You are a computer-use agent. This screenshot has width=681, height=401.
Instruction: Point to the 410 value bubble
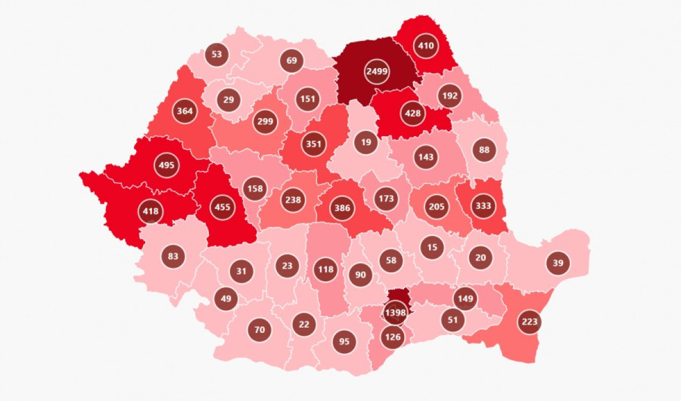coord(426,47)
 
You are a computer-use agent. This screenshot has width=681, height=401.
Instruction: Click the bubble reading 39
coord(558,263)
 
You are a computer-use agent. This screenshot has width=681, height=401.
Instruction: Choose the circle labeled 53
coord(217,54)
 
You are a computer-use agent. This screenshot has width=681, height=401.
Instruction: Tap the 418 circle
coord(151,212)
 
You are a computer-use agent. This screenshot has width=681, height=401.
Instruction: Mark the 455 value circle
coord(223,207)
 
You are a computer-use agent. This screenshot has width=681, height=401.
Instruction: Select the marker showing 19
coord(366,142)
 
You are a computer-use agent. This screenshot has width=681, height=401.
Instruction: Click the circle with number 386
coord(342,208)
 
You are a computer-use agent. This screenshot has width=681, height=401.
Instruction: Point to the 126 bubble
coord(393,337)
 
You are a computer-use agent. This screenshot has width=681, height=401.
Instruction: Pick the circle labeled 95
coord(344,341)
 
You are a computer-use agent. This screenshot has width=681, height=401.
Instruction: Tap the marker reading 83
coord(173,256)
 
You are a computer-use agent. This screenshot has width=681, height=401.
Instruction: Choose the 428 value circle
coord(413,113)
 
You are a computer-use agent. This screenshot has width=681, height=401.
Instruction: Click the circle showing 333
coord(484,206)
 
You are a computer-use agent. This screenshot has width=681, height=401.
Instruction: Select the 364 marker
coord(185,111)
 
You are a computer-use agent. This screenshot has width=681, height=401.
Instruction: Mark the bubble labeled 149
coord(465,298)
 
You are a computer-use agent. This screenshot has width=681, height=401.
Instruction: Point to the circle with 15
coord(432,247)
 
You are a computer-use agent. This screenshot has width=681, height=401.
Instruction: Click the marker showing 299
coord(265,121)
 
